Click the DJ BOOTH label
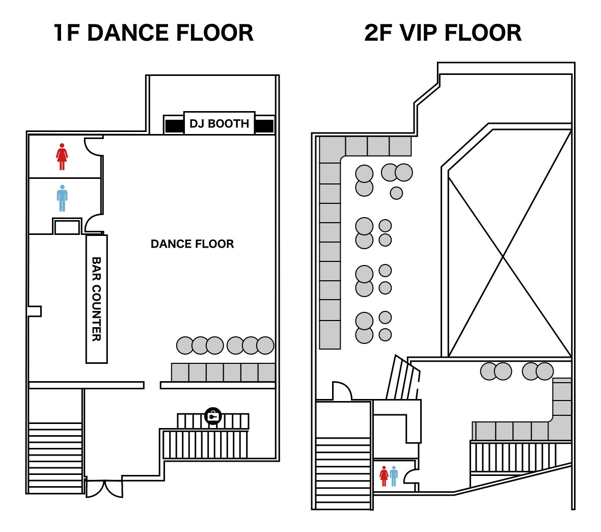pyautogui.click(x=219, y=123)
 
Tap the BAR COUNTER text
pyautogui.click(x=97, y=299)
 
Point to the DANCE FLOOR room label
pyautogui.click(x=192, y=244)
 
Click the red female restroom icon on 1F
pyautogui.click(x=62, y=156)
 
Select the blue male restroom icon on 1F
pyautogui.click(x=62, y=198)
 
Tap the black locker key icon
pyautogui.click(x=213, y=416)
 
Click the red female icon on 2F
pyautogui.click(x=384, y=476)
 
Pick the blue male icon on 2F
pyautogui.click(x=394, y=476)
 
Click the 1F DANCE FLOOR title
pyautogui.click(x=154, y=33)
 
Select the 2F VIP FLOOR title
pyautogui.click(x=443, y=33)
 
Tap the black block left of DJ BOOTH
pyautogui.click(x=174, y=126)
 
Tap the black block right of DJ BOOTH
pyautogui.click(x=264, y=126)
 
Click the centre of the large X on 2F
pyautogui.click(x=503, y=257)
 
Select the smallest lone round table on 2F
pyautogui.click(x=396, y=193)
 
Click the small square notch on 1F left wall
pyautogui.click(x=35, y=311)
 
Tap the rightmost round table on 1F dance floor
pyautogui.click(x=265, y=345)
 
